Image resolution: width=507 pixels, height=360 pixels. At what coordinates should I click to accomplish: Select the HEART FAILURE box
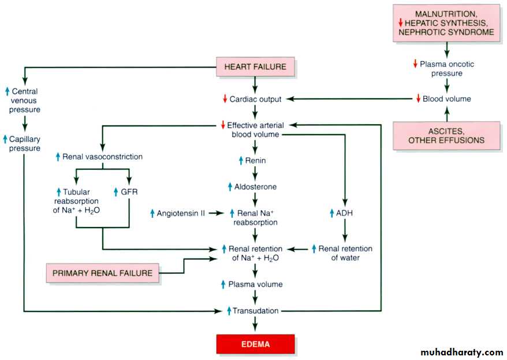(255, 67)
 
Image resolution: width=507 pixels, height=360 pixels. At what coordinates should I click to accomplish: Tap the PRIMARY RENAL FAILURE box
(103, 273)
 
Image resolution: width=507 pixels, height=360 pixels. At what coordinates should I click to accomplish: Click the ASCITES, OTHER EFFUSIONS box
(446, 135)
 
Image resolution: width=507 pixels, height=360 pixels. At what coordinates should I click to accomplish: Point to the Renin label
(255, 160)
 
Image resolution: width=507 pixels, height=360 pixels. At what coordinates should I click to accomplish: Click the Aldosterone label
(255, 187)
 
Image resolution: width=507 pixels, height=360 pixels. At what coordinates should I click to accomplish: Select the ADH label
(345, 213)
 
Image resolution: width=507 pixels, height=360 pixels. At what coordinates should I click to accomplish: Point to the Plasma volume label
(255, 284)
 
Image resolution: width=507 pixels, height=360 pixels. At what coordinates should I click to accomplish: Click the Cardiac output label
(255, 99)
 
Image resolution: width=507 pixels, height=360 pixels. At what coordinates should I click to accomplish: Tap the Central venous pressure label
(24, 100)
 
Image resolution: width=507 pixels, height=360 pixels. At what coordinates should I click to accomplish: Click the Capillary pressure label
(24, 144)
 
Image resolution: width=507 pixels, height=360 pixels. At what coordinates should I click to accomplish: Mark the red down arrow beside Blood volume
(419, 99)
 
